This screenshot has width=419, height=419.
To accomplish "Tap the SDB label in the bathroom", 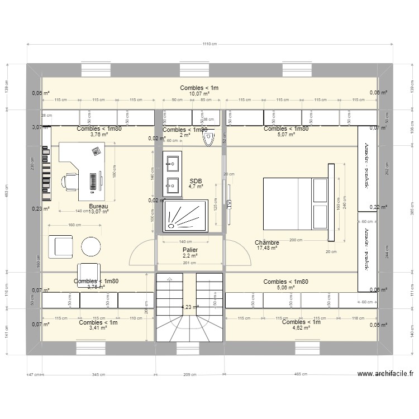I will [x=196, y=181].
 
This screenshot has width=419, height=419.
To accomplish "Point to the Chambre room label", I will [x=266, y=242].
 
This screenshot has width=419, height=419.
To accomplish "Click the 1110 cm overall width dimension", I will [x=209, y=44].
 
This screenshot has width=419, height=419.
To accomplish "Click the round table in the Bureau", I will [x=91, y=246].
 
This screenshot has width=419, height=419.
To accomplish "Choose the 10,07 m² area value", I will [x=199, y=94].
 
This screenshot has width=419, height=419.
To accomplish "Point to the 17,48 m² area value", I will [x=266, y=248].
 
